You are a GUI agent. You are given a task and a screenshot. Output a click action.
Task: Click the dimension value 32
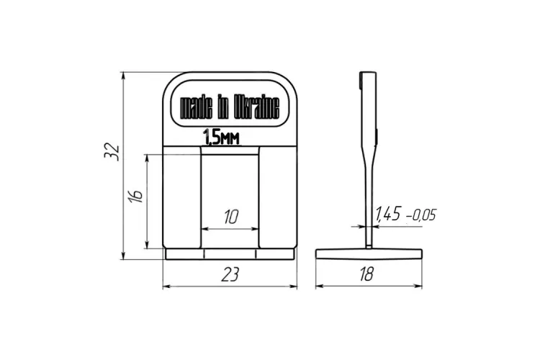pyautogui.click(x=112, y=151)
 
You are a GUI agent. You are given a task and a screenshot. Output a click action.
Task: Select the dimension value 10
pyautogui.click(x=231, y=217)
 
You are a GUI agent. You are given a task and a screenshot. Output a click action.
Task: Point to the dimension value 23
pyautogui.click(x=230, y=274)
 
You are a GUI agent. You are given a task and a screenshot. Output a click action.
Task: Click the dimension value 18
pyautogui.click(x=366, y=274)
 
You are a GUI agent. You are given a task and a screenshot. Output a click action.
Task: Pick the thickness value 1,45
pyautogui.click(x=388, y=214)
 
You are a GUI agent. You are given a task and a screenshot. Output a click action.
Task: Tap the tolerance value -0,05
pyautogui.click(x=421, y=215)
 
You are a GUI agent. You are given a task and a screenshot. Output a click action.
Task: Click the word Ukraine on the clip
pyautogui.click(x=256, y=107)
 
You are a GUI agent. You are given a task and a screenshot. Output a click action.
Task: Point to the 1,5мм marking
pyautogui.click(x=221, y=137)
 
